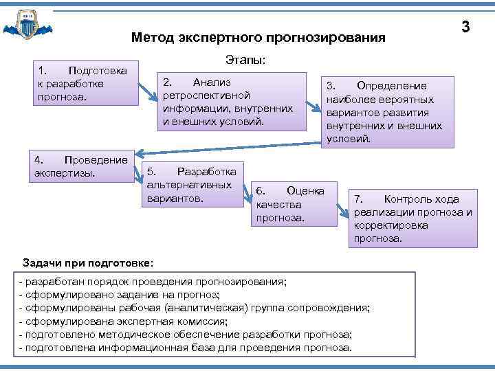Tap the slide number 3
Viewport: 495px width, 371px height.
tap(465, 27)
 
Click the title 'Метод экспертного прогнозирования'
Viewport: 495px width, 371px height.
tap(258, 37)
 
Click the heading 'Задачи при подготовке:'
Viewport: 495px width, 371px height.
tap(89, 263)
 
